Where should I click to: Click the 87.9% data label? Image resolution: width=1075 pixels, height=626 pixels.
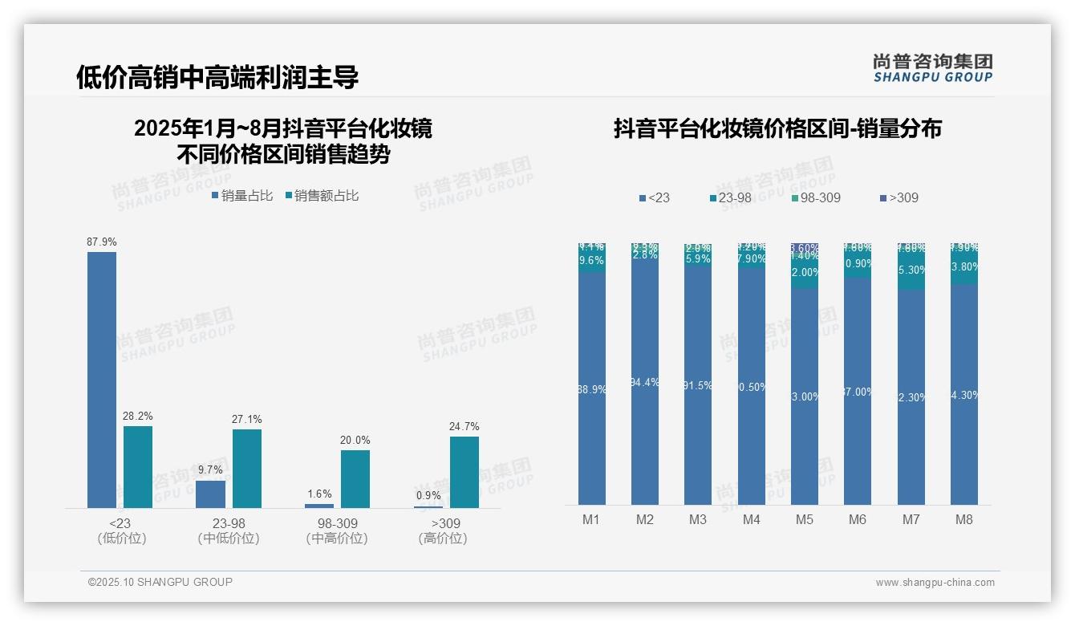click(x=102, y=242)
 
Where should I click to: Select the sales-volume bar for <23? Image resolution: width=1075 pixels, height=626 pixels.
click(x=102, y=380)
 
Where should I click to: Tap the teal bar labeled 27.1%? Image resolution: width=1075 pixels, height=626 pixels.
click(x=247, y=469)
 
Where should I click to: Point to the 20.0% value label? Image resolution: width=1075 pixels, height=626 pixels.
click(x=355, y=441)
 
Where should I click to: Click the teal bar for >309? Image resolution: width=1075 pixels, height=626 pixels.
click(x=464, y=472)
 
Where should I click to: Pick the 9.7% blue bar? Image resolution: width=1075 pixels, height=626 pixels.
click(x=210, y=494)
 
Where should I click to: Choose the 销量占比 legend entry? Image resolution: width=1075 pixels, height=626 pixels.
click(x=242, y=196)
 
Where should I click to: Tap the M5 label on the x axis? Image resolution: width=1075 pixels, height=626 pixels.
click(x=805, y=520)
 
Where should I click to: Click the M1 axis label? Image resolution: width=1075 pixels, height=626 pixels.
click(x=591, y=520)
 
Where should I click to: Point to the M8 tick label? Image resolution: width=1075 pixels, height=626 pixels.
click(x=964, y=520)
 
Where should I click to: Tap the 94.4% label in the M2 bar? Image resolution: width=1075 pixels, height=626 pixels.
click(x=645, y=383)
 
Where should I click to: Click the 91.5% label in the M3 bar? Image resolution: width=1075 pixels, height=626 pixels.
click(x=698, y=386)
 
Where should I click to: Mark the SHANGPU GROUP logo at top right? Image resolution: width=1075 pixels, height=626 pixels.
click(x=933, y=68)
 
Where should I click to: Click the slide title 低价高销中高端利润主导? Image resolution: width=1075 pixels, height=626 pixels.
click(x=217, y=77)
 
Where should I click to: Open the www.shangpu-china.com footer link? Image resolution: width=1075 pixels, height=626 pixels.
click(x=935, y=583)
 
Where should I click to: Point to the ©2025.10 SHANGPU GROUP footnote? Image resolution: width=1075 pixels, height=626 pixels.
click(x=160, y=582)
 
